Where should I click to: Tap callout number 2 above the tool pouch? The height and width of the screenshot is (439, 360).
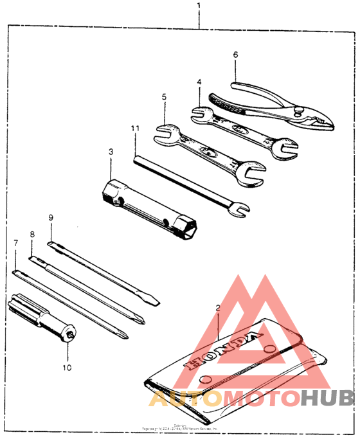click(218, 308)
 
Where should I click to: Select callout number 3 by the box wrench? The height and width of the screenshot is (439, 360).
click(111, 152)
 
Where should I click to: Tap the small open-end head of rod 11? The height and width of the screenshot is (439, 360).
click(239, 208)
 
